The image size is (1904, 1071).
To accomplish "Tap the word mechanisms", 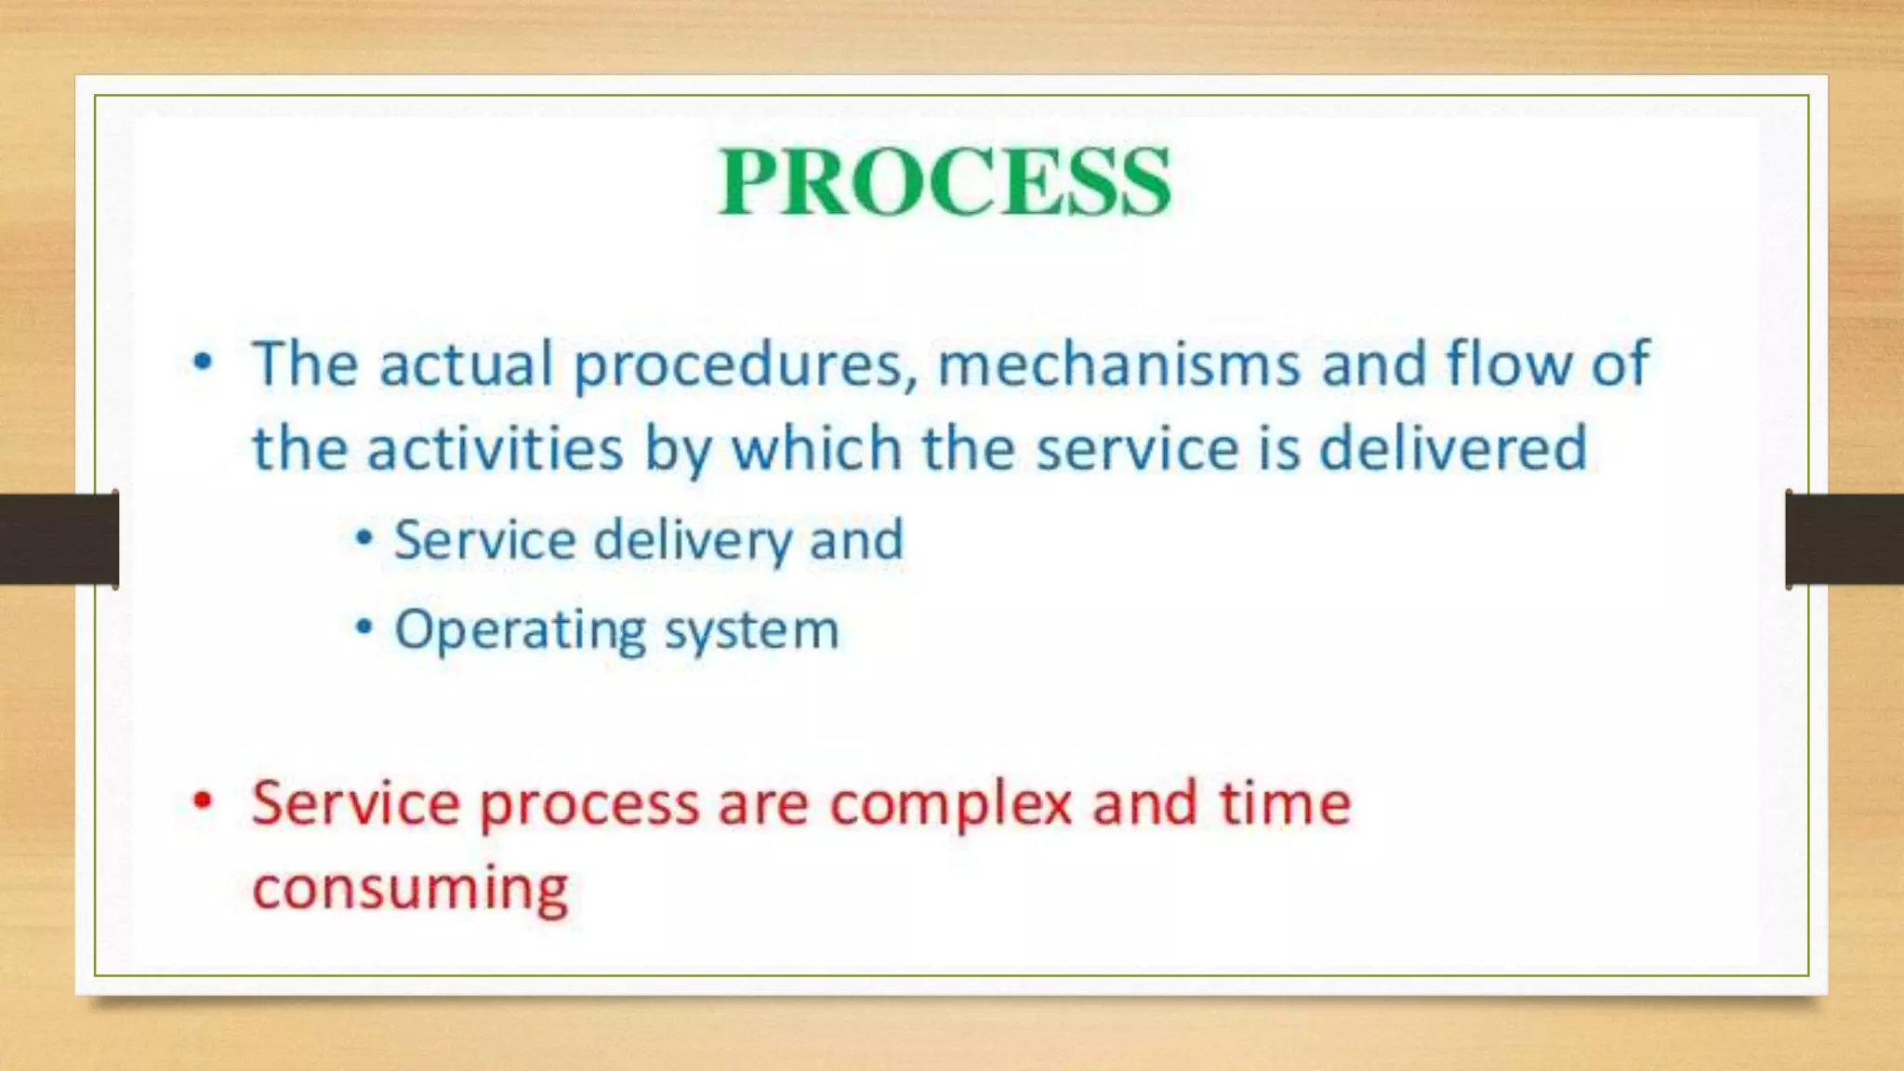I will point(1118,364).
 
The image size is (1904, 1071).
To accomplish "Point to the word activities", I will point(495,449).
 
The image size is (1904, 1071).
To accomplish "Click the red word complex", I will point(951,803).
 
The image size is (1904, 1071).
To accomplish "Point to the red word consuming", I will point(410,889).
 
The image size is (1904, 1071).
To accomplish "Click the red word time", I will point(1285,803).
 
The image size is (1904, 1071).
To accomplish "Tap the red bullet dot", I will point(203,800).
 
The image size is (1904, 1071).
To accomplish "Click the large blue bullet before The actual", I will point(203,362).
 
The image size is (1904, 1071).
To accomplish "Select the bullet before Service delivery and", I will point(364,538).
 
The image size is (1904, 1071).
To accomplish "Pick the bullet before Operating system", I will point(364,628).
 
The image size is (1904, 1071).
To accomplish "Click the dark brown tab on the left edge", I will point(58,539).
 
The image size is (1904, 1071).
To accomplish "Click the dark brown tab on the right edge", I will point(1844,539).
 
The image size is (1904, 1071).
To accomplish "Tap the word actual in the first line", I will point(466,364).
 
